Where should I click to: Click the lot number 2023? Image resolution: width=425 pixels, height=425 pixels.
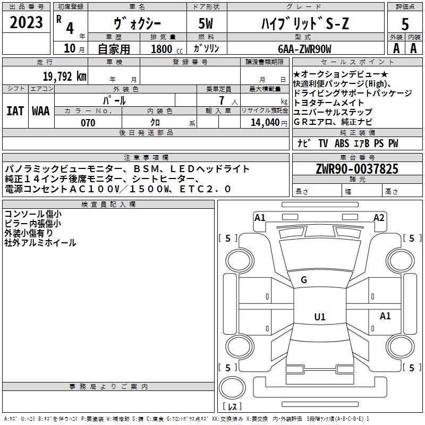point(26,22)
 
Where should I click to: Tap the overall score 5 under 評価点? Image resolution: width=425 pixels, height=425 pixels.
point(405,24)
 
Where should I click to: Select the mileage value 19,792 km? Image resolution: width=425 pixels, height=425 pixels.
point(64,76)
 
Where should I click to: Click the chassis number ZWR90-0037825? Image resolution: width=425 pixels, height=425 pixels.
point(357,169)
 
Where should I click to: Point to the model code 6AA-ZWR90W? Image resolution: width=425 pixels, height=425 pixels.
point(304,49)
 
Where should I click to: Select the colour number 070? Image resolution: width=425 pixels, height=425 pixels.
point(88,123)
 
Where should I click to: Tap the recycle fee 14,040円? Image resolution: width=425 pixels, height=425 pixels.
point(269,123)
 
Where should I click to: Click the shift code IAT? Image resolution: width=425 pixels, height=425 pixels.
point(15,111)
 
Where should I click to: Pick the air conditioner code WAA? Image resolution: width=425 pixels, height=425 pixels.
point(41,111)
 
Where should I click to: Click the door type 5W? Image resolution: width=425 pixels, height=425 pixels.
point(206,23)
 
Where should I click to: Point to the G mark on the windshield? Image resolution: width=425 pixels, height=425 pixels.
point(304,280)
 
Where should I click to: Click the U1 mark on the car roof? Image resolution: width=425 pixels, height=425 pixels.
point(320,317)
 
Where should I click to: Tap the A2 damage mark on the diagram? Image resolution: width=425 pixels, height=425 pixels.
point(379,218)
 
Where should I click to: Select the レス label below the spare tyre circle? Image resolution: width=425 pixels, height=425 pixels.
point(232,406)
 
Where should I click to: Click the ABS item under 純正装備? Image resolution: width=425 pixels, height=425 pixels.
point(342,143)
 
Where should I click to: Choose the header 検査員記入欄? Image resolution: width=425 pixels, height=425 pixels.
point(108,205)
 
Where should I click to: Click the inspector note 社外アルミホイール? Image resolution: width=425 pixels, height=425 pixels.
point(40,243)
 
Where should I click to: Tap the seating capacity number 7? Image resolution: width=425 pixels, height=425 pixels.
point(222,100)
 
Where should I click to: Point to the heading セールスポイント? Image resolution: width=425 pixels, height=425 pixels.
point(357,62)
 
